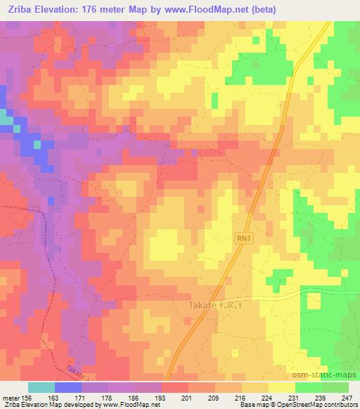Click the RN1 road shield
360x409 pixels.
243,240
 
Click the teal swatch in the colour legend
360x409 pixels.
41,387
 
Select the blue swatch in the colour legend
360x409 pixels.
68,387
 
